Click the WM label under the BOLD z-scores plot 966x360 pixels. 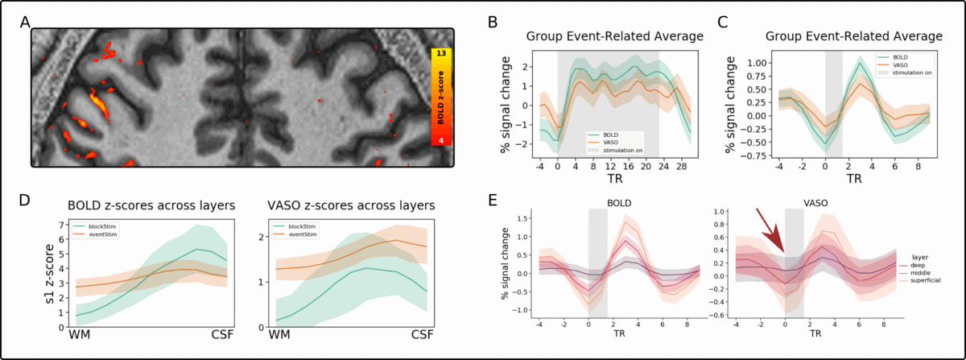79,334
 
